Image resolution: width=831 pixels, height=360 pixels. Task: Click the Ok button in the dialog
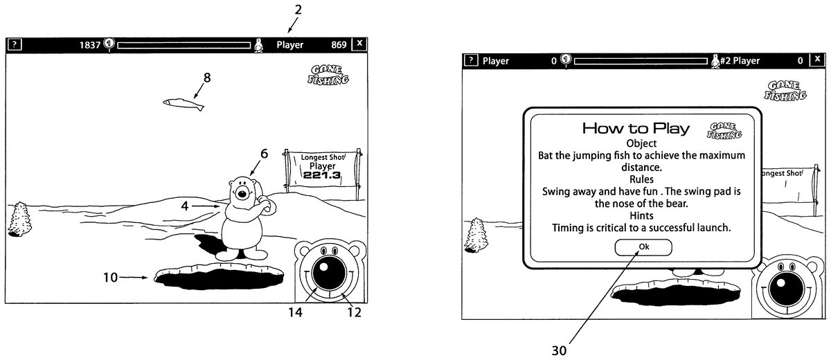643,247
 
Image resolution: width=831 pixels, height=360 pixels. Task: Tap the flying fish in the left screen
184,104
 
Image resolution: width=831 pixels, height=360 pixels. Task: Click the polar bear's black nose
242,192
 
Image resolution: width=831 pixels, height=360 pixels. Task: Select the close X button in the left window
359,44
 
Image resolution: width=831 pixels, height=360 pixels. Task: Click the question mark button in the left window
15,45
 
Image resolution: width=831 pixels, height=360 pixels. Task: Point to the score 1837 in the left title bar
90,45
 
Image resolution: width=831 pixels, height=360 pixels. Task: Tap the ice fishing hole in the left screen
220,278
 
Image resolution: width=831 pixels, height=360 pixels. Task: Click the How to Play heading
635,128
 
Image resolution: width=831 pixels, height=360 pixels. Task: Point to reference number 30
558,350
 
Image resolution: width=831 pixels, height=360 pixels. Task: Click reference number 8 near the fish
207,78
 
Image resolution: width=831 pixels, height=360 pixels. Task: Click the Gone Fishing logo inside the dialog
725,131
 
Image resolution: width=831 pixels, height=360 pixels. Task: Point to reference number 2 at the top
298,10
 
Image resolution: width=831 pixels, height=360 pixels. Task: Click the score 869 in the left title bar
339,45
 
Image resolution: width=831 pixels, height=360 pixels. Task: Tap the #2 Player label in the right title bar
740,61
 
